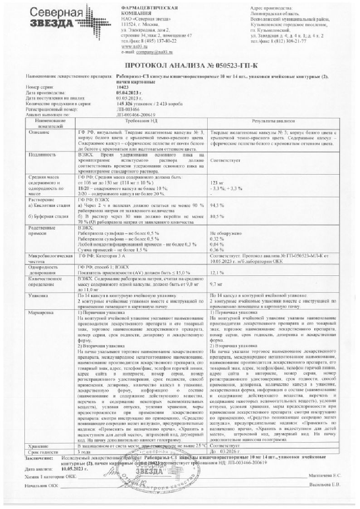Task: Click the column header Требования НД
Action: pyautogui.click(x=141, y=122)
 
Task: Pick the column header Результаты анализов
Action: pyautogui.click(x=274, y=122)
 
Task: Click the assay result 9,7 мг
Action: pyautogui.click(x=217, y=284)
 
